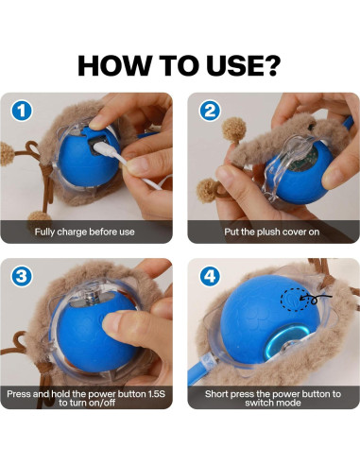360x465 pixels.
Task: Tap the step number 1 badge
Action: (x=23, y=111)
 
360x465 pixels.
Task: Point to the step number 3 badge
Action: (x=23, y=276)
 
